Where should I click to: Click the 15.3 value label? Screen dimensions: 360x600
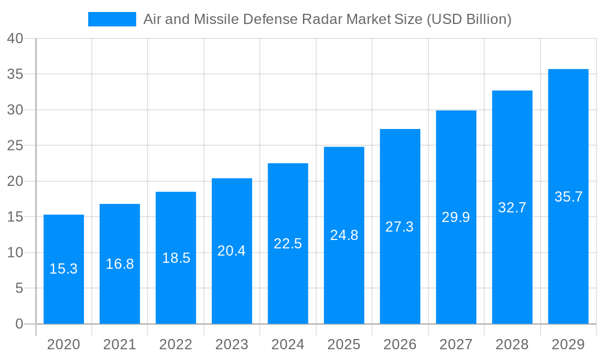[x=64, y=269]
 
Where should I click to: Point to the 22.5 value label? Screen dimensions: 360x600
[x=288, y=244]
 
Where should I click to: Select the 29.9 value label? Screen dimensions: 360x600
[x=456, y=217]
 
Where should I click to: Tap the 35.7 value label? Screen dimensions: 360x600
[x=568, y=197]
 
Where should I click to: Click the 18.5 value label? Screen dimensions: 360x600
[x=176, y=258]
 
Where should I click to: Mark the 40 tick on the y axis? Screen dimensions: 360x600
[x=15, y=38]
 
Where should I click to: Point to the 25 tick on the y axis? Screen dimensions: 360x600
[x=15, y=146]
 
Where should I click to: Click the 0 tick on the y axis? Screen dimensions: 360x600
[x=19, y=324]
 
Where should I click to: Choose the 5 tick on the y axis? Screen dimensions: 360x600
[x=19, y=289]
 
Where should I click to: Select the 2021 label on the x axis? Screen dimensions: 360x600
[x=119, y=344]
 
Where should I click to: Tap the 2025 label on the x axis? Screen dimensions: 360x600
[x=344, y=344]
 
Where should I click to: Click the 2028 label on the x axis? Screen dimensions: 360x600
[x=512, y=344]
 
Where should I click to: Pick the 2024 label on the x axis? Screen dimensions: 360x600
[x=288, y=344]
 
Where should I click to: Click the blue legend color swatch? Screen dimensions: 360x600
[x=112, y=19]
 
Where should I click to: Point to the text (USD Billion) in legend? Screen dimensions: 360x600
[x=469, y=19]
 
